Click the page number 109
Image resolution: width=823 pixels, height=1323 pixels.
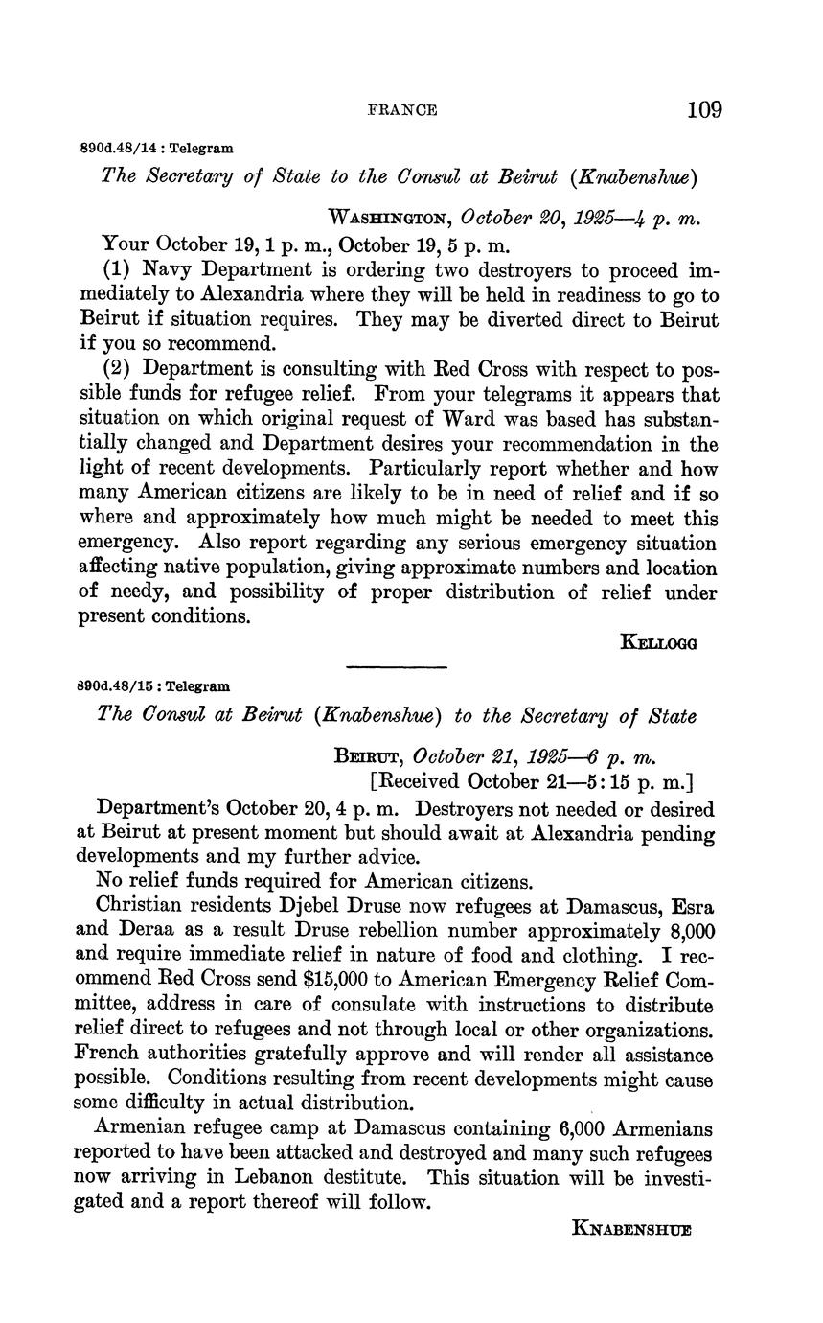703,109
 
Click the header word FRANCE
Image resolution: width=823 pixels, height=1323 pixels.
402,110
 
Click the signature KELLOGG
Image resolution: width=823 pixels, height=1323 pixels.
659,643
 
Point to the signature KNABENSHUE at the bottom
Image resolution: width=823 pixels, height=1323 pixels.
630,1228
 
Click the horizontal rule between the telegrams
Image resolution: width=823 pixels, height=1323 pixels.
396,665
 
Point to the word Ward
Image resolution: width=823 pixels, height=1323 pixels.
466,419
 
